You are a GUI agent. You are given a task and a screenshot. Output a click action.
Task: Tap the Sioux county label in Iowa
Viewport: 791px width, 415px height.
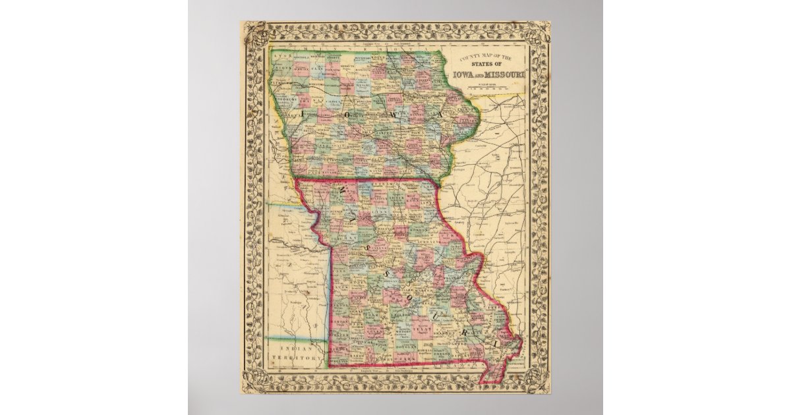click(x=283, y=67)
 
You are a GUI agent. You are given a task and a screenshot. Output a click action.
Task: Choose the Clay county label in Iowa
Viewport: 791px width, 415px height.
click(x=318, y=69)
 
